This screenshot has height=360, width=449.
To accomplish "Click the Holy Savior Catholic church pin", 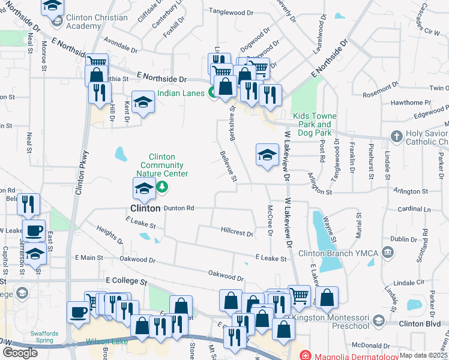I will [396, 137].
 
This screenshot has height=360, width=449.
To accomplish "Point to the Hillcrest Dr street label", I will [237, 231].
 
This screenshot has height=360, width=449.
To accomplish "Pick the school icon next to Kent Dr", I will [143, 103].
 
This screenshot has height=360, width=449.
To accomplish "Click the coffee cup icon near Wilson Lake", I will [78, 313].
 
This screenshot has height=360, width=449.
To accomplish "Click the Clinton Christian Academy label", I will [93, 22].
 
